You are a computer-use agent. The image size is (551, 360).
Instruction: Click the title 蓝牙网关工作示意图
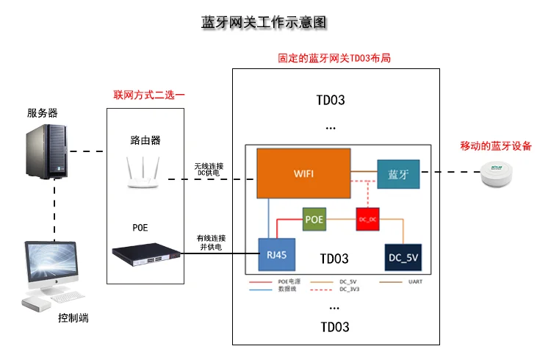263,22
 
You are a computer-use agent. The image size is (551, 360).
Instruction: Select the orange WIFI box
303,173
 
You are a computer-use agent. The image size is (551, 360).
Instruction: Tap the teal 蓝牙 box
397,175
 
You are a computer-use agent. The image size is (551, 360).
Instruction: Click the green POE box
314,219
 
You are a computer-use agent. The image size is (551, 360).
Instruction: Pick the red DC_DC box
367,219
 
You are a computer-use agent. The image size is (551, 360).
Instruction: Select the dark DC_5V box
403,257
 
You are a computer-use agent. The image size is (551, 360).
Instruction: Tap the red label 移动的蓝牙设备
497,146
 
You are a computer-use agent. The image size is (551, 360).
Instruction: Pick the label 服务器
43,112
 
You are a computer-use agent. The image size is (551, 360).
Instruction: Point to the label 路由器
145,139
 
